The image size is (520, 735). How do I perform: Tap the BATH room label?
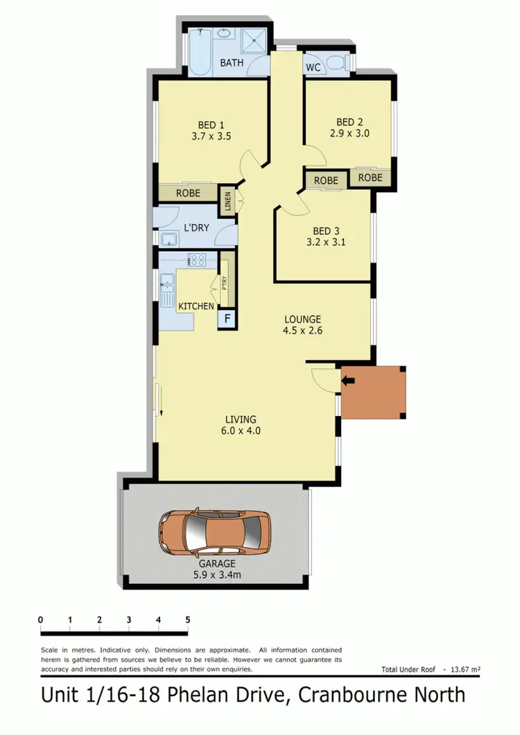point(232,63)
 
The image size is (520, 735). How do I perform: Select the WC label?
point(312,67)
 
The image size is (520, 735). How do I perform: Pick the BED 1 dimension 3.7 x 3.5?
point(211,137)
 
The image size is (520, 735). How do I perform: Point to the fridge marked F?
point(226,320)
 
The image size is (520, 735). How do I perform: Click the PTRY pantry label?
point(224,284)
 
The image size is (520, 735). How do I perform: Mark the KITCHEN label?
point(196,306)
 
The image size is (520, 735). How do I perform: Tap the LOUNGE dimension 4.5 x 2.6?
point(303,331)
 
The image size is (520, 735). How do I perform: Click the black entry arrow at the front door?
point(348,379)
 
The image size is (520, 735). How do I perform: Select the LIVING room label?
point(241,420)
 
